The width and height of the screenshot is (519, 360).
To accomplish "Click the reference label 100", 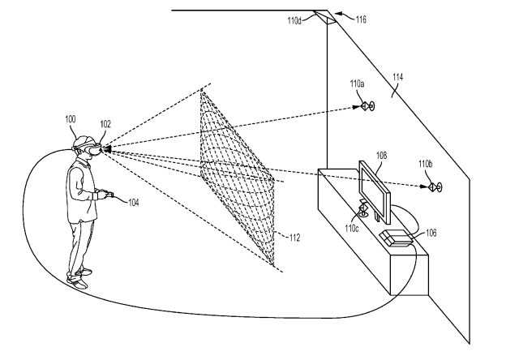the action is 71,119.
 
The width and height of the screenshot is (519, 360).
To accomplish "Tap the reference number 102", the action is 105,124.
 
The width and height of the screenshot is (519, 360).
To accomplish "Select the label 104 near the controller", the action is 133,203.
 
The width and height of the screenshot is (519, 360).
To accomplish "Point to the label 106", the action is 431,233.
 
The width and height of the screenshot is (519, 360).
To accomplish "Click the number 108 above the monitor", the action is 382,156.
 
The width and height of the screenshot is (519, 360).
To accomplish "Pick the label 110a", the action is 357,84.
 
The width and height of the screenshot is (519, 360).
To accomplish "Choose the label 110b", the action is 425,164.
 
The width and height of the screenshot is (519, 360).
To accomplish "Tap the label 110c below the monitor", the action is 351,229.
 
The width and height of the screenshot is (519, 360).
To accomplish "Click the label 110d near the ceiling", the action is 294,21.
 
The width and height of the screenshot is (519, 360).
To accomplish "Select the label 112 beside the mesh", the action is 294,238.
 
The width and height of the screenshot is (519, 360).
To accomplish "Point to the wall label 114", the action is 398,77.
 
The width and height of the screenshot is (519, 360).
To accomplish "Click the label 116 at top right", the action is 361,19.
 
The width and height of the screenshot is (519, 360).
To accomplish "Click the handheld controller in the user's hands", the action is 107,195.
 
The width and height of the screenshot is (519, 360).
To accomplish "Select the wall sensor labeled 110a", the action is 367,106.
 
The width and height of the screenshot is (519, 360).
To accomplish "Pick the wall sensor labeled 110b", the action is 435,187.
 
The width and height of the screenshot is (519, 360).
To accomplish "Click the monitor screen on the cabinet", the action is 375,193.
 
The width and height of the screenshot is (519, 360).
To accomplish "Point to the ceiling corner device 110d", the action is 325,17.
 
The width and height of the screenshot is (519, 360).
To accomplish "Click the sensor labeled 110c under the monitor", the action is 363,211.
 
